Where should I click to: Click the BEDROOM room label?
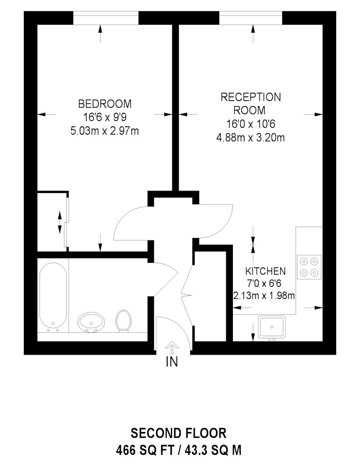point(105,104)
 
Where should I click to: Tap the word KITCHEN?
point(265,271)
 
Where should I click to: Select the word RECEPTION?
point(251,97)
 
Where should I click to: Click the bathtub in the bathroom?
point(53,297)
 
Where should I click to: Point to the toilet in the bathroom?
point(123,321)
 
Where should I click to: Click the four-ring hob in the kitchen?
point(309,267)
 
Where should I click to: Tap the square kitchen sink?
point(272,328)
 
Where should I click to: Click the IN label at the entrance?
point(172,362)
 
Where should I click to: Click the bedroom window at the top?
point(106,18)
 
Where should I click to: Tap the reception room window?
point(251,18)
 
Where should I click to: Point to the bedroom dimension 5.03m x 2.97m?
point(105,131)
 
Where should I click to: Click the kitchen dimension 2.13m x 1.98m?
point(264,296)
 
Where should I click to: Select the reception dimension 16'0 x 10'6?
point(251,124)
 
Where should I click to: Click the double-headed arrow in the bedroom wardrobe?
point(60,222)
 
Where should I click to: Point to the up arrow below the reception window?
point(253,33)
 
